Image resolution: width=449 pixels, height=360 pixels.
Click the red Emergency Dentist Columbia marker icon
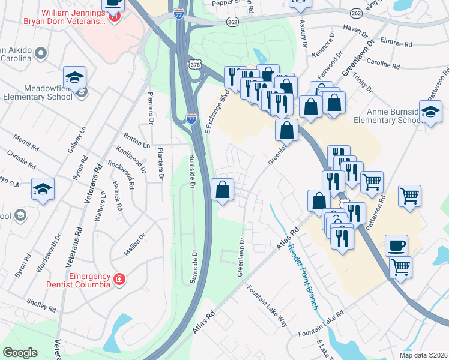[x=119, y=280]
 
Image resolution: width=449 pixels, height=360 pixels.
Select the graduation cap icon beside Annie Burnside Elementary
[x=430, y=112]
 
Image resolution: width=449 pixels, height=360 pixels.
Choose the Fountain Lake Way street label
[x=268, y=306]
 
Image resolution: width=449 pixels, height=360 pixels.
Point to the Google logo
[x=20, y=353]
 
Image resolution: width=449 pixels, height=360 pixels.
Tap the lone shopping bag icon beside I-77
[x=223, y=190]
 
